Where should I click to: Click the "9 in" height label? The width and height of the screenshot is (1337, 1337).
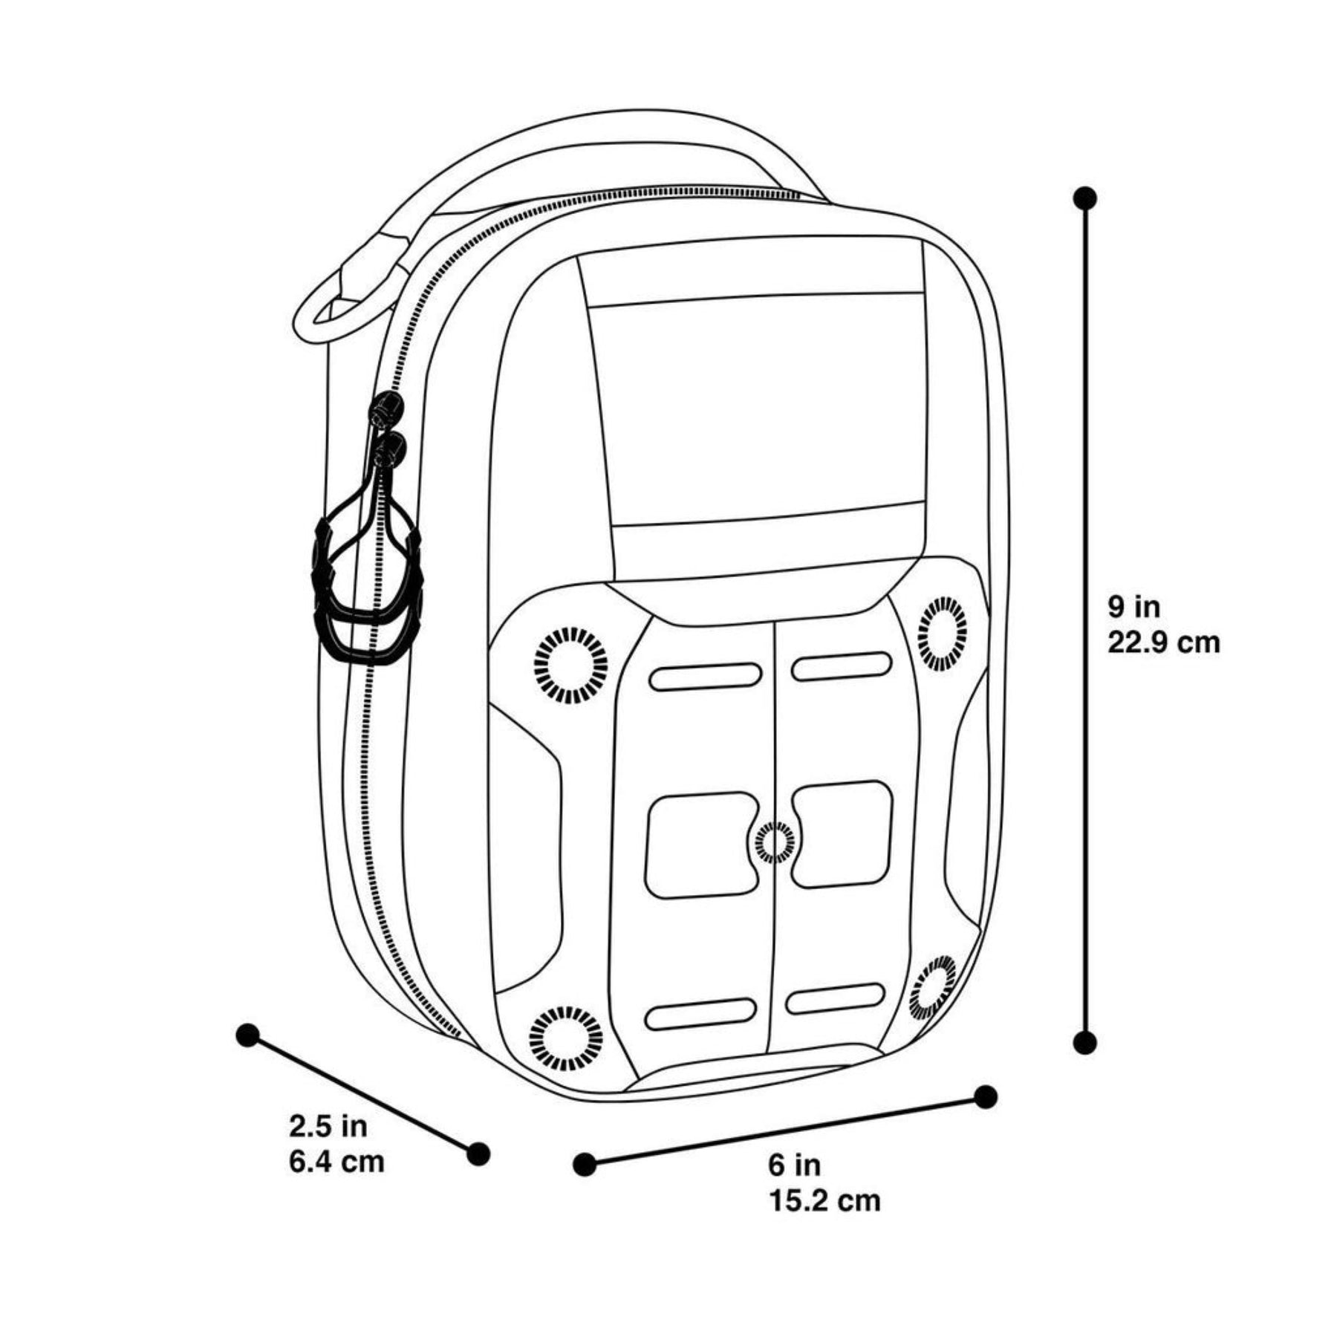1134,607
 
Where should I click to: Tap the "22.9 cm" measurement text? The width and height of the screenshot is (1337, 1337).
1164,643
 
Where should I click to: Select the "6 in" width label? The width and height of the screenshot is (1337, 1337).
795,1165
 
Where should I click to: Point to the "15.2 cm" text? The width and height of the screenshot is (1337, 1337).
824,1200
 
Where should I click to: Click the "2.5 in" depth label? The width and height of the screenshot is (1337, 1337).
328,1127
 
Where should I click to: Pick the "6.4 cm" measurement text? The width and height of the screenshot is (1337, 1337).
337,1162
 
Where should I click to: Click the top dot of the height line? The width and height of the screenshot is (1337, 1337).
1085,198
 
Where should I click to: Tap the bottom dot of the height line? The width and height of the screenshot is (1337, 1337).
1085,1042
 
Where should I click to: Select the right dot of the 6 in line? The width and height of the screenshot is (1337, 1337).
985,1096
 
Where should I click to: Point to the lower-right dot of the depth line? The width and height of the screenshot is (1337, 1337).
479,1154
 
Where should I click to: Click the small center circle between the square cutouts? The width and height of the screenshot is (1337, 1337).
774,842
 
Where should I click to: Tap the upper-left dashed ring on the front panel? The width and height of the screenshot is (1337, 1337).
570,665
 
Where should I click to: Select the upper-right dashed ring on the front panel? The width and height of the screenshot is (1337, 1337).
943,633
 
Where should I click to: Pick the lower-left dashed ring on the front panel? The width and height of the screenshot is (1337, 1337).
566,1038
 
